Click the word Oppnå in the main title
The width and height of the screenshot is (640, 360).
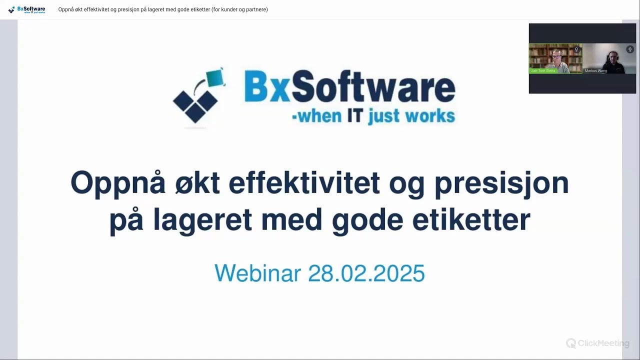click(118, 183)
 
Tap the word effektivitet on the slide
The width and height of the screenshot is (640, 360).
click(304, 183)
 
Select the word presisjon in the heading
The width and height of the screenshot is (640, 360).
click(501, 183)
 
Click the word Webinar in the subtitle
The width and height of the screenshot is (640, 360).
click(257, 273)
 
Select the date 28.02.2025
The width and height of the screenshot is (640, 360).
click(366, 273)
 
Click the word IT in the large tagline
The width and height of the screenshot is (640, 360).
click(354, 116)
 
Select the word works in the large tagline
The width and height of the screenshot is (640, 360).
click(429, 116)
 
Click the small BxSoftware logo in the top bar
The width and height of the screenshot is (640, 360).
click(27, 9)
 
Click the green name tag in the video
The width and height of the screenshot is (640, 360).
click(543, 71)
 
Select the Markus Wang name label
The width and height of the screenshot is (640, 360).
click(595, 71)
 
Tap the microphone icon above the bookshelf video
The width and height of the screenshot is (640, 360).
click(576, 49)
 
